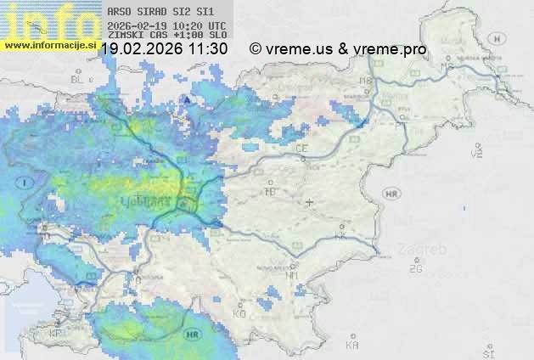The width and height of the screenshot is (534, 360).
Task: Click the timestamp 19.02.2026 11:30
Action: tap(165, 49)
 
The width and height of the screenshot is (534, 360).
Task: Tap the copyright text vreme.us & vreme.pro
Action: tap(338, 49)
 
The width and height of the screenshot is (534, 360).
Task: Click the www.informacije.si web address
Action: tap(50, 45)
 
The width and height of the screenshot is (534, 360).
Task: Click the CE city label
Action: tap(301, 149)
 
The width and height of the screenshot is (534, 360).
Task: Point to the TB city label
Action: tap(271, 192)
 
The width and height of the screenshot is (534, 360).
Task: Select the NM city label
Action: tap(293, 275)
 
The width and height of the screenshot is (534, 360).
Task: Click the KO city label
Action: tap(239, 313)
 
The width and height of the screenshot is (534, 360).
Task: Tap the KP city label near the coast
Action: tap(56, 334)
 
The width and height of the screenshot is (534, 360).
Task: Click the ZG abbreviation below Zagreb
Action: tap(415, 269)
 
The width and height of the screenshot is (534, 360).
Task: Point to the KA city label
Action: tap(352, 345)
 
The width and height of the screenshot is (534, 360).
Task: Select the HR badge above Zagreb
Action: tap(391, 194)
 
